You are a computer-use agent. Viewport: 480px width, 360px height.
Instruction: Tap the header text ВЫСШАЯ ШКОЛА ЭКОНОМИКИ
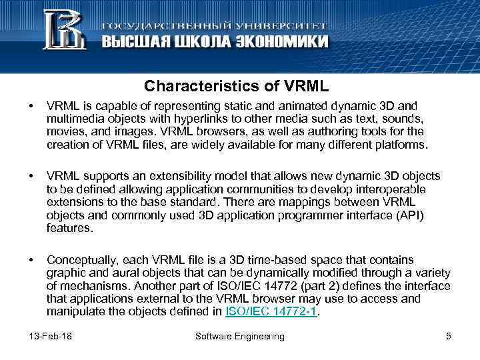tap(215, 41)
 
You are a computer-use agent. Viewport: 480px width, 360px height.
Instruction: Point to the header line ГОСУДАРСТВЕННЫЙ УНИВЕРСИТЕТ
tap(214, 24)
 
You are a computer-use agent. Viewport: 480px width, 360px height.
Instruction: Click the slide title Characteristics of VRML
tap(237, 87)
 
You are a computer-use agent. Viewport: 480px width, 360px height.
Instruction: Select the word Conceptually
tap(79, 259)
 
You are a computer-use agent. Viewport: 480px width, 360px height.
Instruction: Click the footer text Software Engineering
tap(240, 336)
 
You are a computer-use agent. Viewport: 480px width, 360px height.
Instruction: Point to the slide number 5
tap(449, 336)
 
